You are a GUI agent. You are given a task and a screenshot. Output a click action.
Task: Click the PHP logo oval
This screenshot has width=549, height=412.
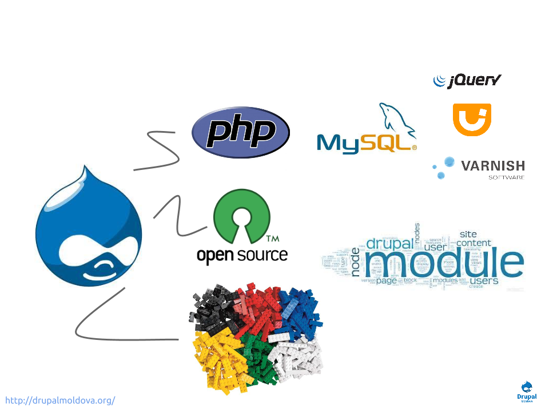click(241, 133)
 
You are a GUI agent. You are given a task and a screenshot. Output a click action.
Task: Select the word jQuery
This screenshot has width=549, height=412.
click(474, 81)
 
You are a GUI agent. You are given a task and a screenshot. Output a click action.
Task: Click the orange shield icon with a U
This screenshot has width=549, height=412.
click(472, 118)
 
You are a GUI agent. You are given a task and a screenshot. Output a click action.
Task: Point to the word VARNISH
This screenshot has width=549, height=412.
click(492, 166)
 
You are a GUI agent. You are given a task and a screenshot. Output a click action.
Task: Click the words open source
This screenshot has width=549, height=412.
click(242, 255)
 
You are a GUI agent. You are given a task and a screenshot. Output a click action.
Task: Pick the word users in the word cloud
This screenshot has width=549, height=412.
click(484, 281)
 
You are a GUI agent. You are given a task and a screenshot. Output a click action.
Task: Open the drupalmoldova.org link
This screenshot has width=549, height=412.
click(61, 400)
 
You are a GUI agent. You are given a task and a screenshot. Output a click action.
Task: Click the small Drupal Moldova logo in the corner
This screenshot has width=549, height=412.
click(527, 391)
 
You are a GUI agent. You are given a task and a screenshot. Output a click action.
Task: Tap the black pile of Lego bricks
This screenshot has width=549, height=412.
click(214, 306)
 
